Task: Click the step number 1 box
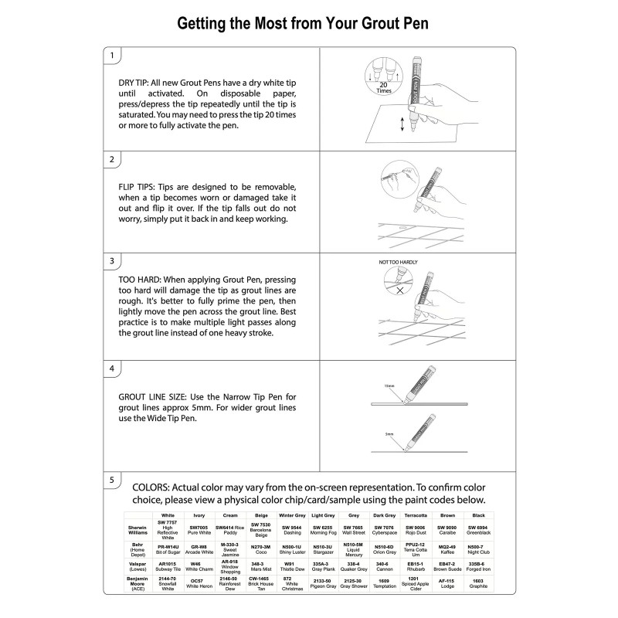113,56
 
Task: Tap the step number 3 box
113,261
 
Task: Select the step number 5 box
113,480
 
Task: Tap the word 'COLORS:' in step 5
154,487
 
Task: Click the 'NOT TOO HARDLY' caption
398,263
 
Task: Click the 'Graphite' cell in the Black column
478,586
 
